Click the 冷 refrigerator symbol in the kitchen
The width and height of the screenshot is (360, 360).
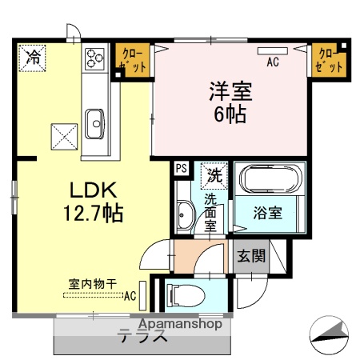click(x=34, y=58)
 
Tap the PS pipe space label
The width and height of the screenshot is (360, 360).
click(x=181, y=169)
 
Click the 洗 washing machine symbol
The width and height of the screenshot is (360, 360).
click(x=214, y=174)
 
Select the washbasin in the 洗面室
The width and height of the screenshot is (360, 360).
click(x=183, y=214)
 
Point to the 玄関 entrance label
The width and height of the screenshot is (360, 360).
click(x=250, y=257)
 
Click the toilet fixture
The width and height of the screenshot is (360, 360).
click(x=185, y=295)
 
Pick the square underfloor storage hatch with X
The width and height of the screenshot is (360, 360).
click(x=63, y=133)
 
